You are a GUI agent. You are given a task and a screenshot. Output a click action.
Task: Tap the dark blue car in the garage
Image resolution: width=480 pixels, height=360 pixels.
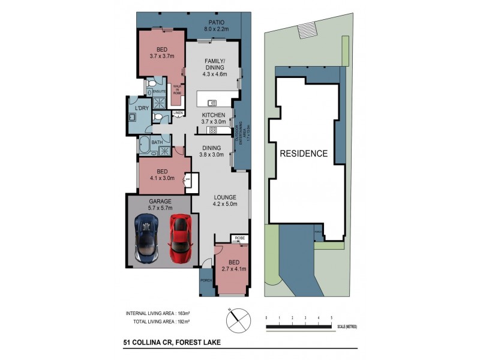pyautogui.click(x=146, y=238)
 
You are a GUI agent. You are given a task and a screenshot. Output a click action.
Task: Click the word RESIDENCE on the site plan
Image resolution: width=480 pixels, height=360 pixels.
pyautogui.click(x=304, y=154)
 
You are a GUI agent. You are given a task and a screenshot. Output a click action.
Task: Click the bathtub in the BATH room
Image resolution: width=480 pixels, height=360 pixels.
pyautogui.click(x=145, y=145)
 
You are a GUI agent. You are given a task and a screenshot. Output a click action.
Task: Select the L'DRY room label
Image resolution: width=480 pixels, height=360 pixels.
pyautogui.click(x=142, y=108)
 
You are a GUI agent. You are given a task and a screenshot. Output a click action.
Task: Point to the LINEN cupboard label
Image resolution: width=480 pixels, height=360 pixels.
pyautogui.click(x=178, y=113)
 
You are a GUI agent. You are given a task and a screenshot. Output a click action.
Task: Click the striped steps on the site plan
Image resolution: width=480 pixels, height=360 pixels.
pyautogui.click(x=306, y=29)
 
